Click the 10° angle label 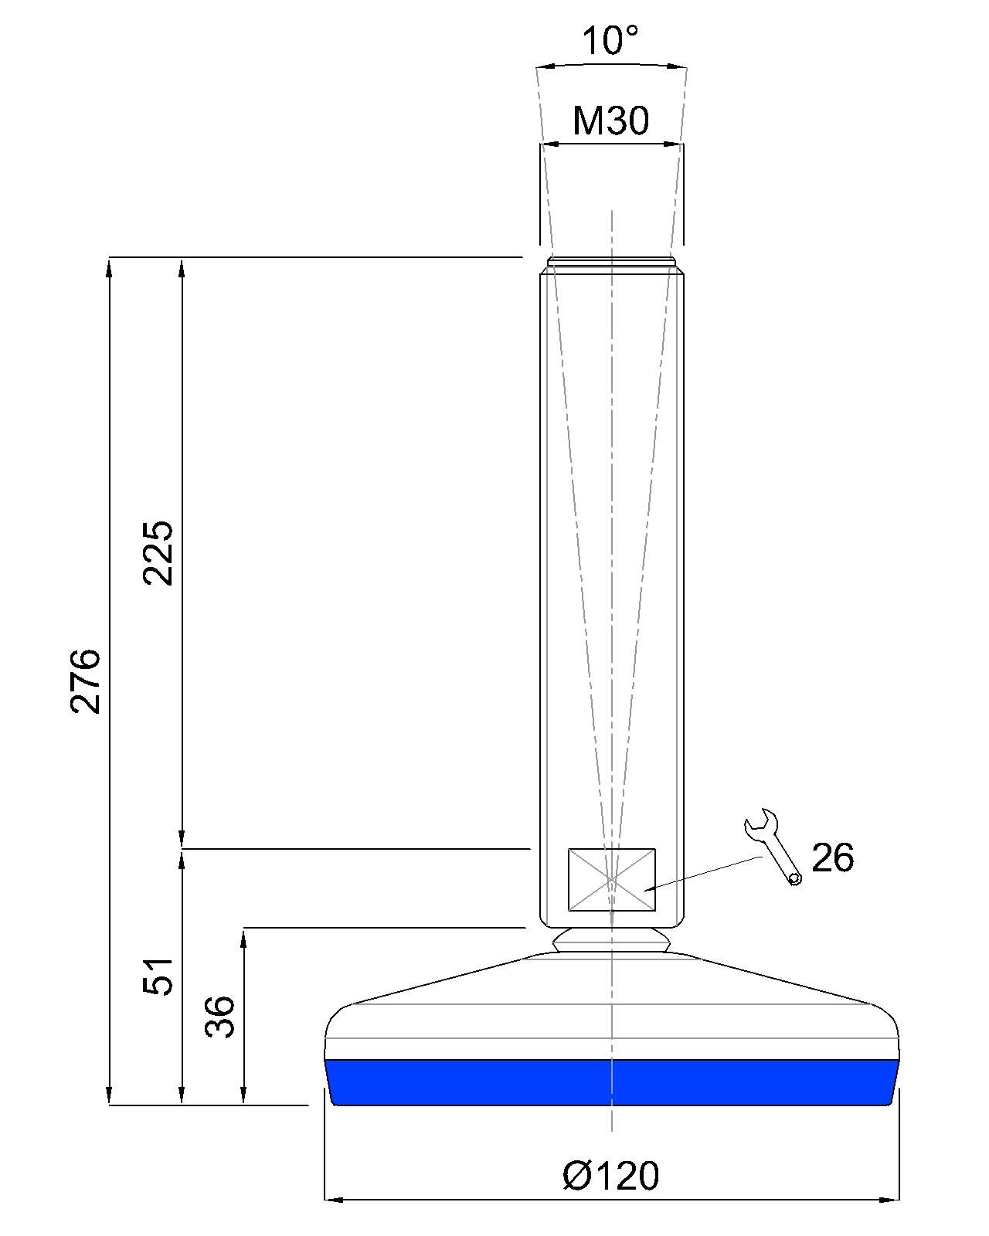(610, 41)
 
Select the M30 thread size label (610, 120)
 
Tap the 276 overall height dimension (86, 681)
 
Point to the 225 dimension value (158, 553)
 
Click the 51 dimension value (158, 976)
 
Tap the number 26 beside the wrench (832, 858)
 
